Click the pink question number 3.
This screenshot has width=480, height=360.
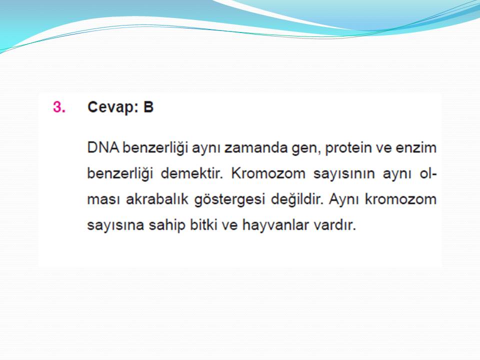59,107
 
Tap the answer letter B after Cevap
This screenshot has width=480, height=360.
148,107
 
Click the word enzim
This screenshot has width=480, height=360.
416,147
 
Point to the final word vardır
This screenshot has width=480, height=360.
334,224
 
